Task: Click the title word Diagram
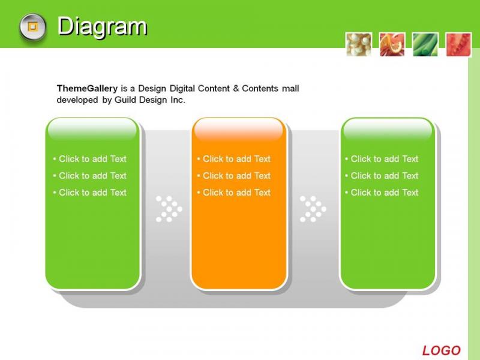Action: pyautogui.click(x=102, y=27)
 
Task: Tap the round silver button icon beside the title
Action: pyautogui.click(x=33, y=27)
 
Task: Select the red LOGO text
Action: pyautogui.click(x=441, y=350)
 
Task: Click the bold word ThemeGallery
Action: pyautogui.click(x=87, y=88)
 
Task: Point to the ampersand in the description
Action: pyautogui.click(x=236, y=88)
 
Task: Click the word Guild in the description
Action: pyautogui.click(x=125, y=100)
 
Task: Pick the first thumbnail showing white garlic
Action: pyautogui.click(x=359, y=44)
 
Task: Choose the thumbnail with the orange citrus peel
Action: pyautogui.click(x=392, y=44)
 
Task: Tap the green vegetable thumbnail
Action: pyautogui.click(x=425, y=44)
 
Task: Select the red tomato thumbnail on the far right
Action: pyautogui.click(x=458, y=44)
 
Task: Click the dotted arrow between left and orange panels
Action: pyautogui.click(x=169, y=209)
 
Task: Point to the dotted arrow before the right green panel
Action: pyautogui.click(x=313, y=209)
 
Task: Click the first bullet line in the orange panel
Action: pyautogui.click(x=234, y=159)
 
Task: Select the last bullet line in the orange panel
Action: pyautogui.click(x=234, y=193)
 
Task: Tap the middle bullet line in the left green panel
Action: pyautogui.click(x=89, y=176)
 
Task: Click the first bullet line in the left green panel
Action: pyautogui.click(x=89, y=159)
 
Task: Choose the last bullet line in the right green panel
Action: pyautogui.click(x=382, y=193)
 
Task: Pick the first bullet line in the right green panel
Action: pyautogui.click(x=382, y=159)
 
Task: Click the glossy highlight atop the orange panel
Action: pyautogui.click(x=239, y=129)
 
